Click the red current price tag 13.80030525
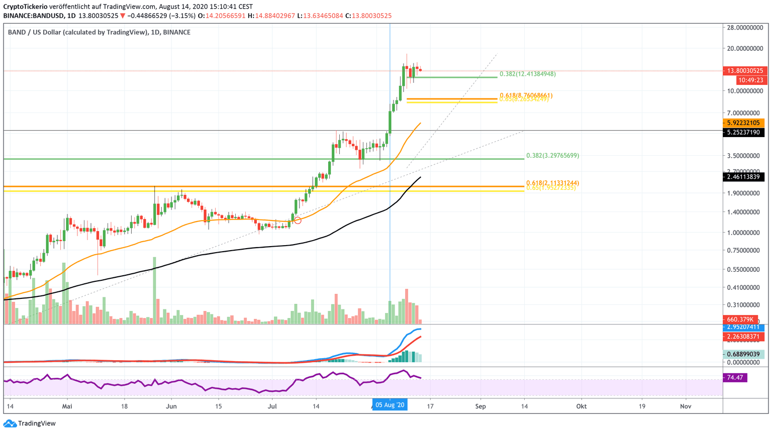[743, 71]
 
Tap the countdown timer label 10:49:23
[750, 80]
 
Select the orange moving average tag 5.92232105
[743, 123]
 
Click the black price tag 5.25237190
[743, 133]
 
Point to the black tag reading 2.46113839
[743, 177]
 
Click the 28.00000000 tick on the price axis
[745, 28]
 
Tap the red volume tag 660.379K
[740, 319]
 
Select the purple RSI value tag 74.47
[735, 377]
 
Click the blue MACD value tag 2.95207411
[743, 327]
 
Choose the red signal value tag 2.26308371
[743, 337]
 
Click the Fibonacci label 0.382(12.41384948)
[527, 74]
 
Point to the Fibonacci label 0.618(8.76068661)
[526, 95]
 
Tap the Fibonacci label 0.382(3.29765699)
[552, 156]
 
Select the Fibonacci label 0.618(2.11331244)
[552, 183]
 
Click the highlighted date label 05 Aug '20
[390, 405]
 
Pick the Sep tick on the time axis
[480, 406]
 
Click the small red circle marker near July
[298, 221]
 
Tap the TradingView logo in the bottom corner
[30, 423]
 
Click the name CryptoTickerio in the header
[25, 7]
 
